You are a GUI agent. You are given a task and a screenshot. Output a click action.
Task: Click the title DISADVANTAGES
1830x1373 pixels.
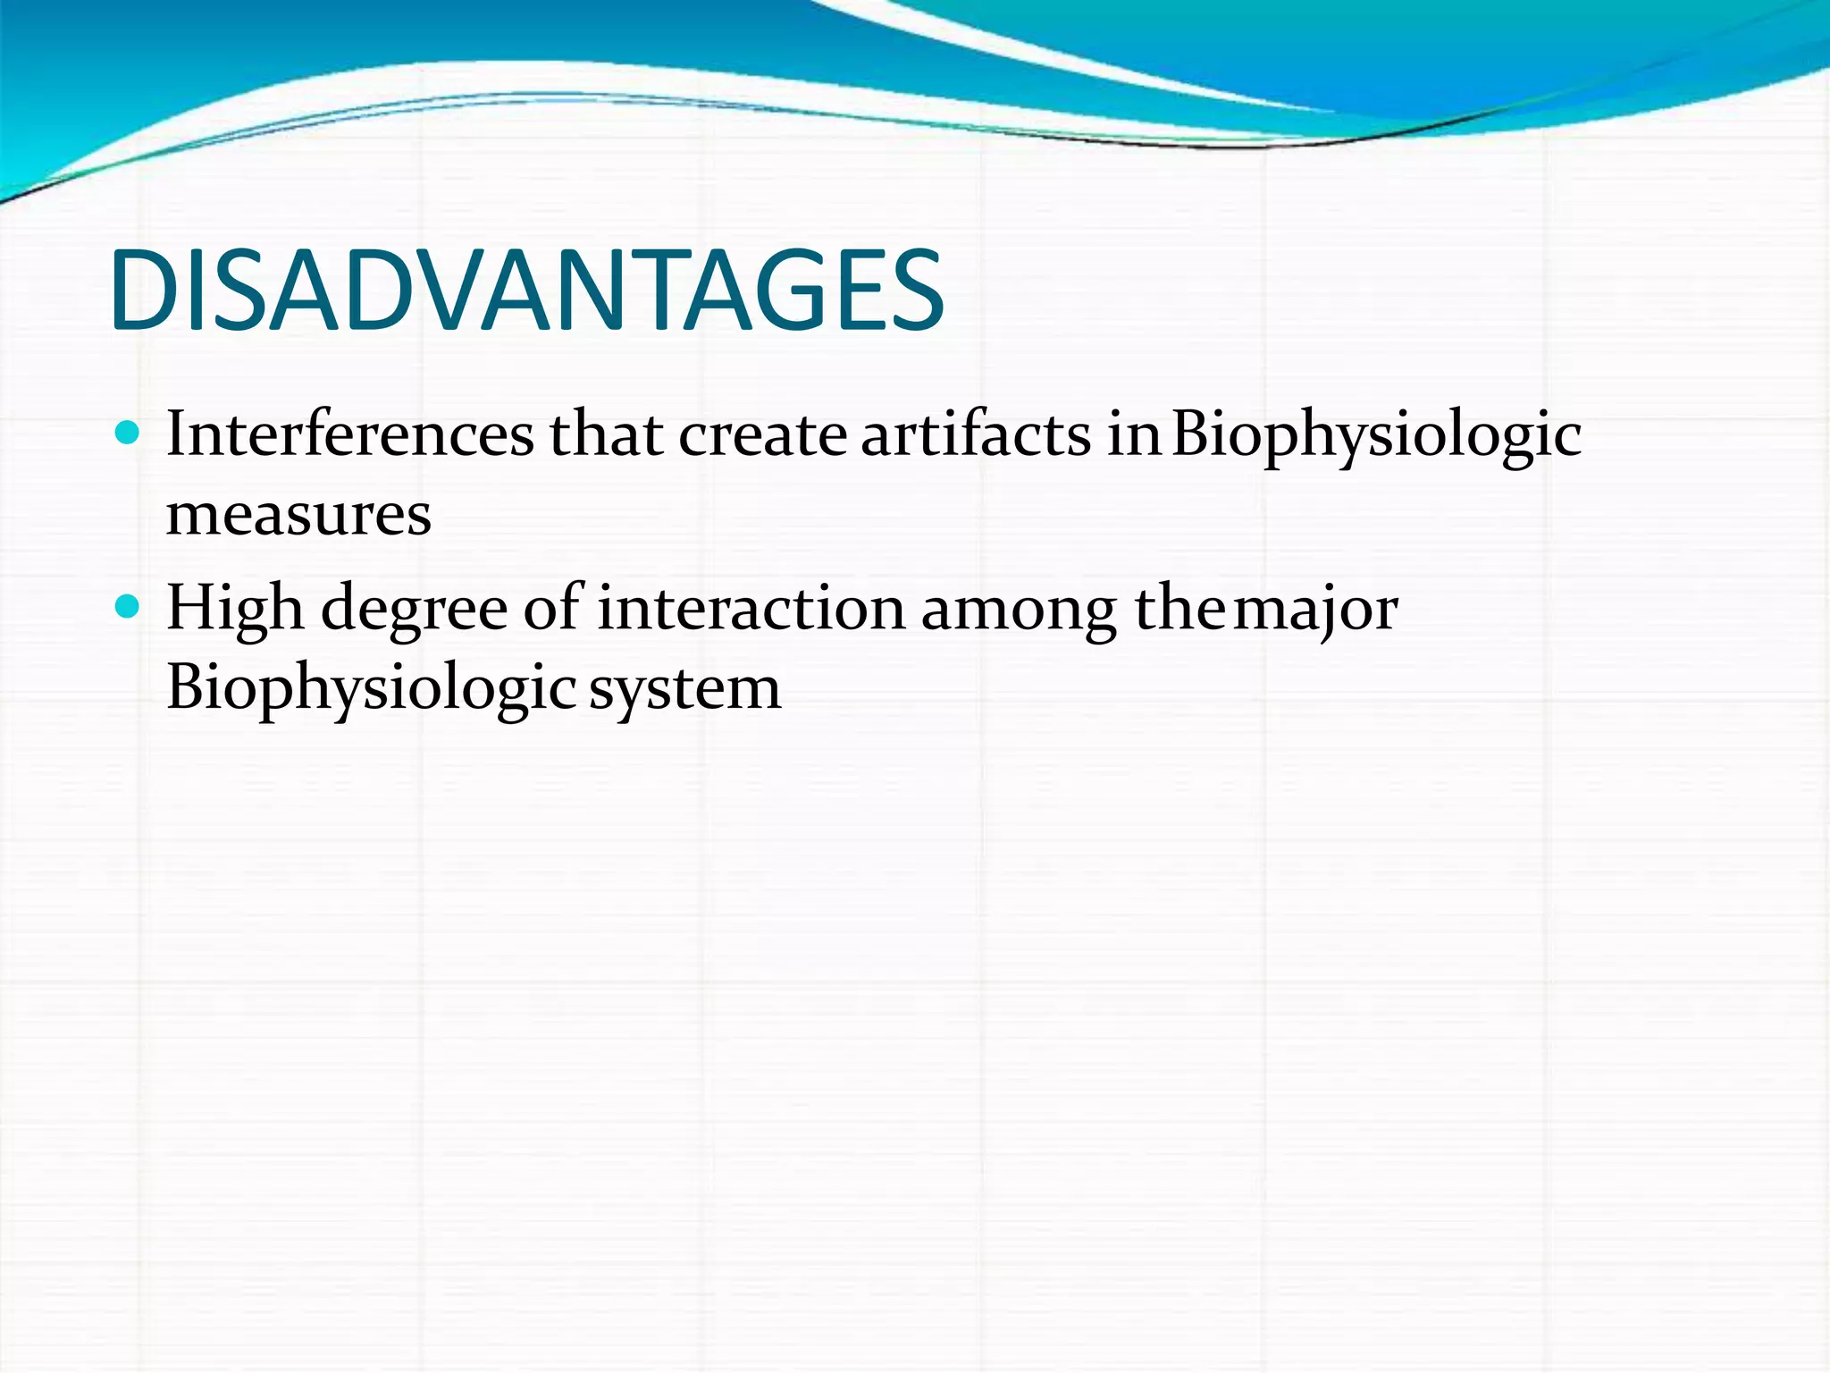(x=527, y=291)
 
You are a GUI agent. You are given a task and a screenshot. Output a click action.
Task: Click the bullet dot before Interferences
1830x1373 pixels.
(x=129, y=434)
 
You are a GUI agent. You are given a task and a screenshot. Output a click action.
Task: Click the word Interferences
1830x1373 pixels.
(x=349, y=434)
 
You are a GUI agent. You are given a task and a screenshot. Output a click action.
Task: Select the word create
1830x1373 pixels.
(x=762, y=434)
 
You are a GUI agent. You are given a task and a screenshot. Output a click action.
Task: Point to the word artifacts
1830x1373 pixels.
(x=976, y=434)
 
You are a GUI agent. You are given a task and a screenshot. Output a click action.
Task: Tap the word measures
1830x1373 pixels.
(x=298, y=516)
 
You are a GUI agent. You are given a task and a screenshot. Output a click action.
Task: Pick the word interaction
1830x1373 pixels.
(x=751, y=608)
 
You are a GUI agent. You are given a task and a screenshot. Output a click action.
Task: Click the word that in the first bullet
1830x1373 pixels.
(x=606, y=434)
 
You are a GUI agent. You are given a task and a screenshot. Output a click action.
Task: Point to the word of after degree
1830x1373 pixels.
(x=551, y=608)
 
